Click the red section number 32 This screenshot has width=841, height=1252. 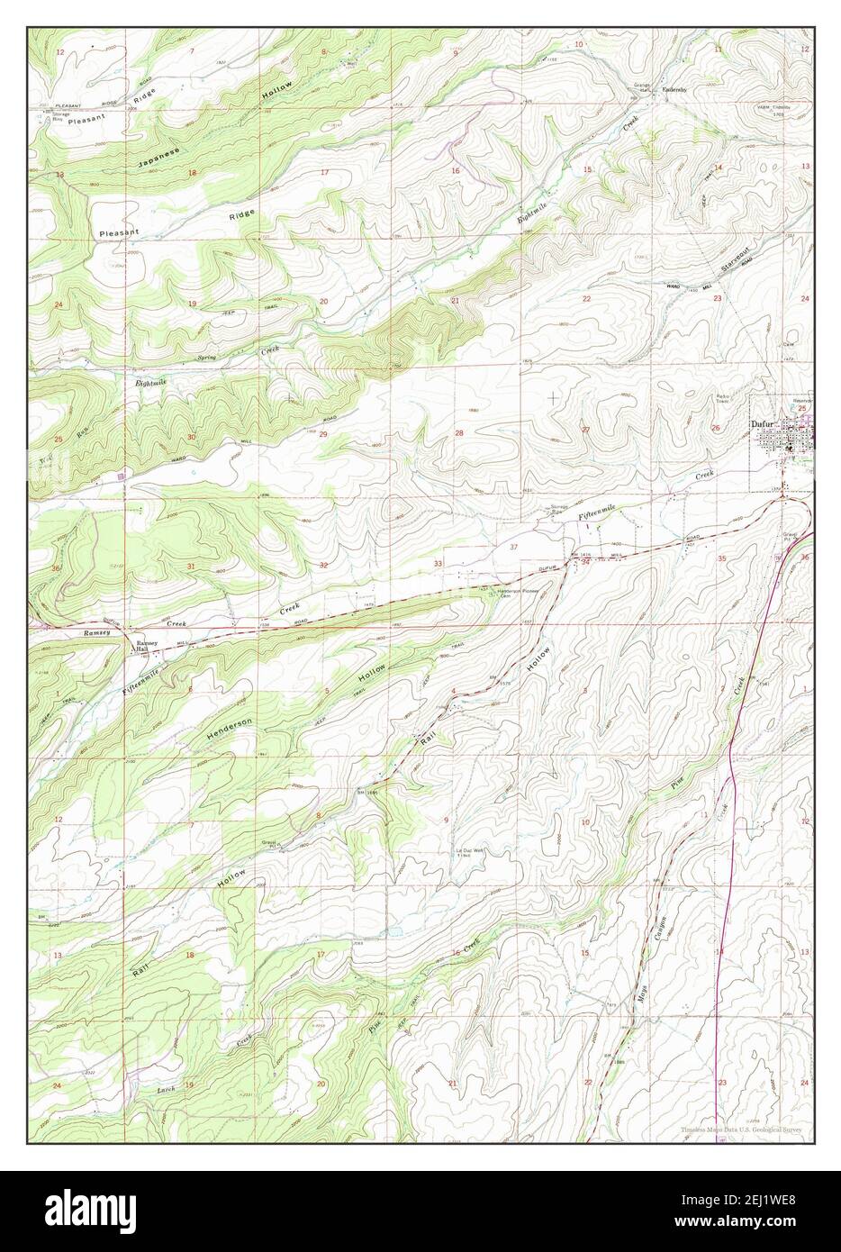click(x=322, y=565)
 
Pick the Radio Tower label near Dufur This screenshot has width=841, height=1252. click(x=722, y=397)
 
